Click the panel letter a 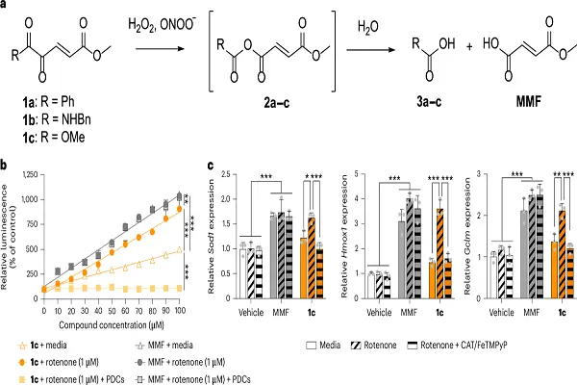[6, 7]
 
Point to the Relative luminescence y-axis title [7, 231]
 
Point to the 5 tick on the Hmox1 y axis [358, 174]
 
